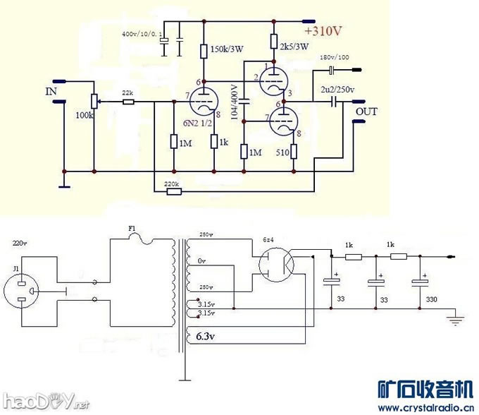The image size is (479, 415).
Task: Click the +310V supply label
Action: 323,32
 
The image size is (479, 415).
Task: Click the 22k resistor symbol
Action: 127,102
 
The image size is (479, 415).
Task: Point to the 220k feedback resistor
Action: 171,191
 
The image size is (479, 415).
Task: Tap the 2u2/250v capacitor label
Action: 337,89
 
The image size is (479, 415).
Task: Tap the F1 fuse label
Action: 131,228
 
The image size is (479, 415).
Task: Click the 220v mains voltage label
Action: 20,243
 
